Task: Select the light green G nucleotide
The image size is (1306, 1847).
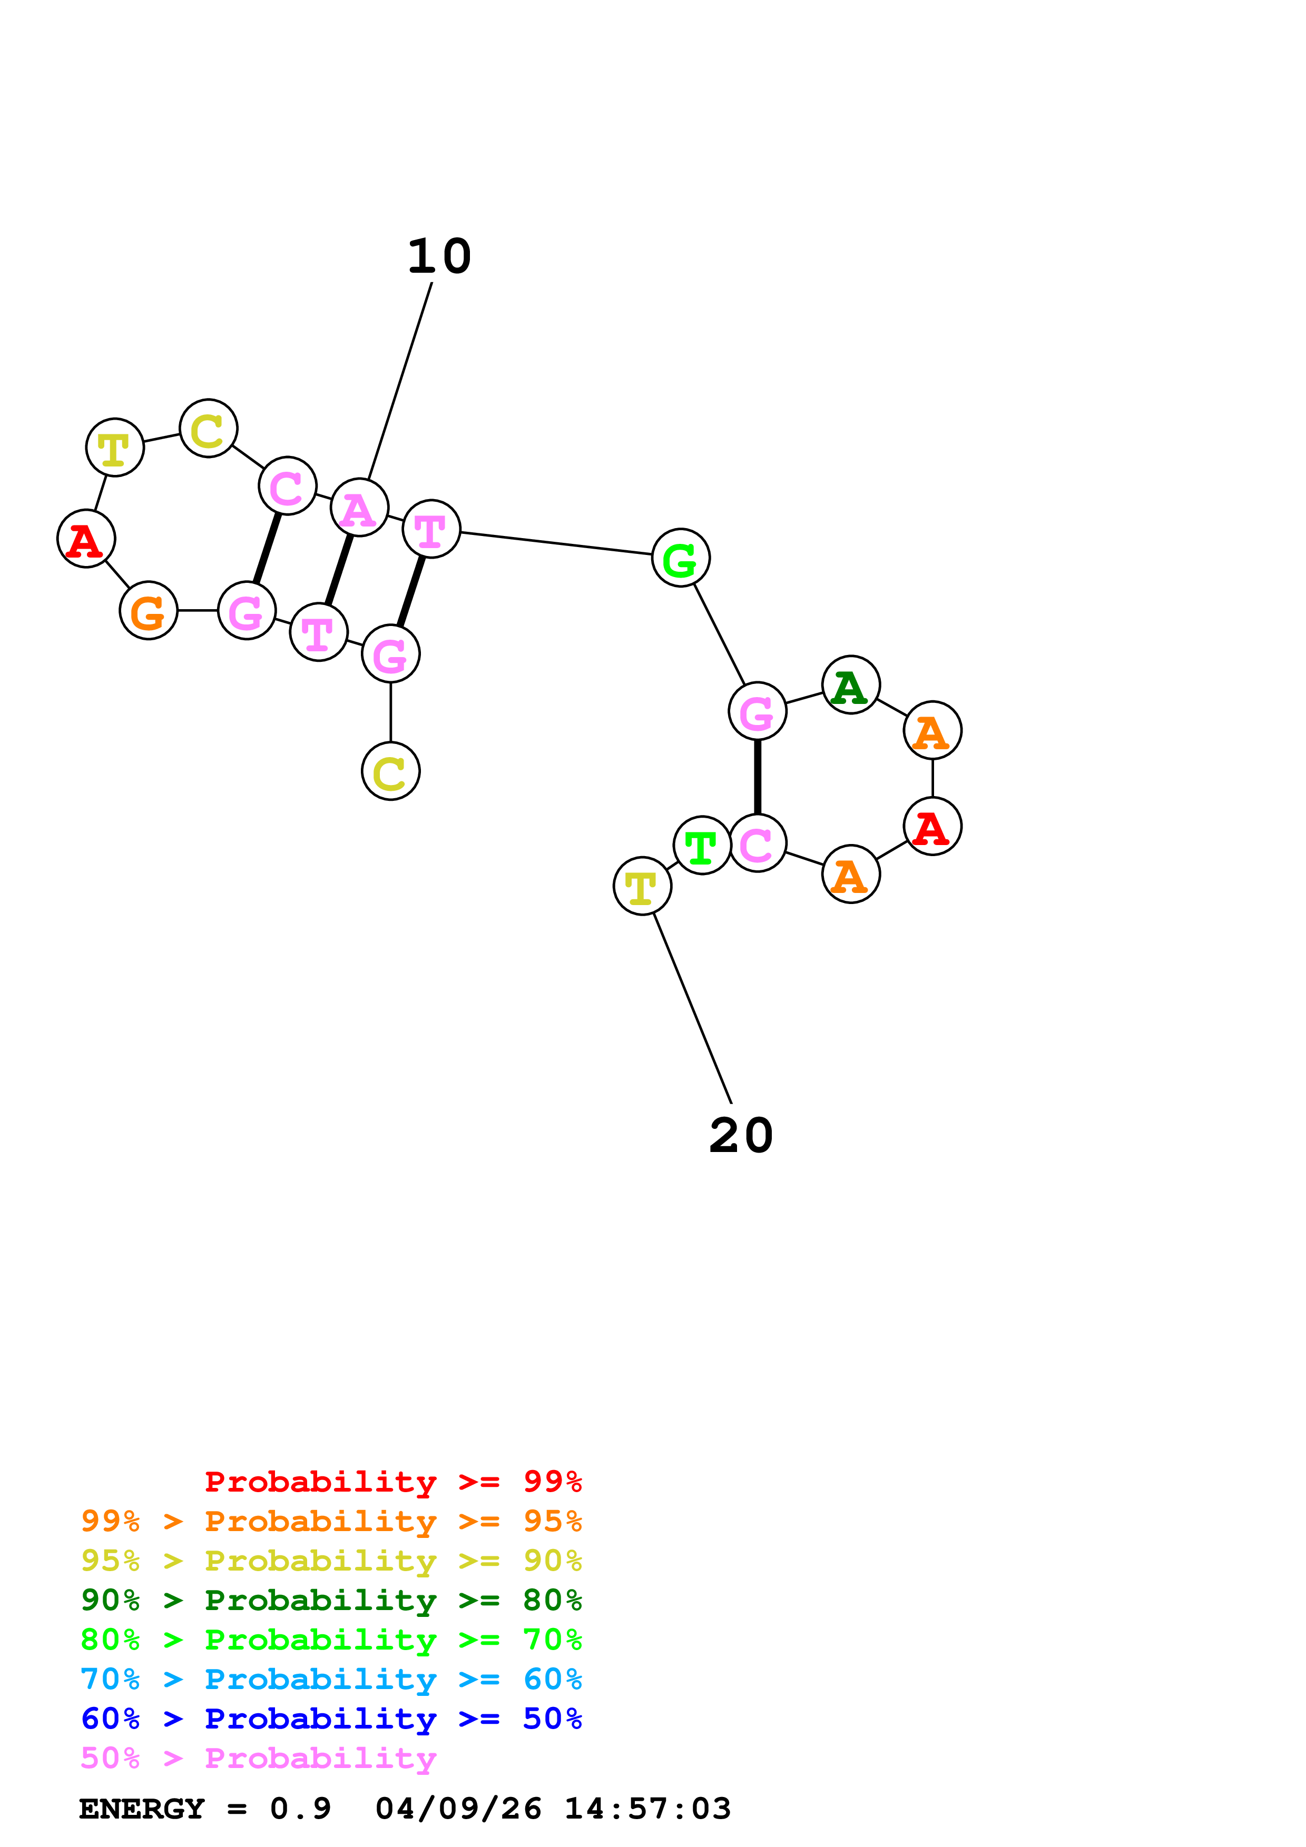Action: click(680, 558)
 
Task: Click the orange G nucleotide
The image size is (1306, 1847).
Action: click(149, 611)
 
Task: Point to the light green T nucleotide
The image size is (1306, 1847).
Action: click(702, 846)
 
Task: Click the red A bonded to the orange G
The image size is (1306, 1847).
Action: click(86, 539)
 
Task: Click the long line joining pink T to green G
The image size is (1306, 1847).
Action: click(555, 544)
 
